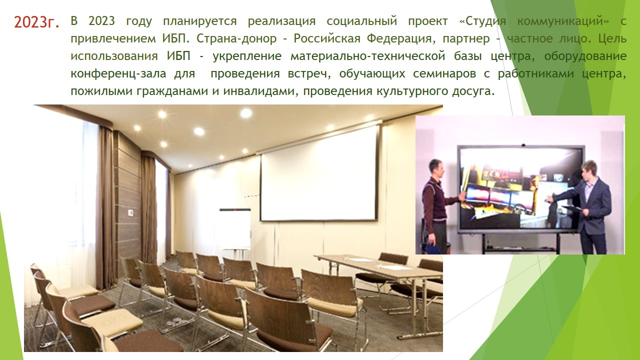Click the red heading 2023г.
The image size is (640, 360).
click(36, 22)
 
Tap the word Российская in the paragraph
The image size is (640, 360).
click(327, 38)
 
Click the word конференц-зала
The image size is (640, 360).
click(118, 74)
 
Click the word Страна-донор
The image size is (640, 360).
click(236, 39)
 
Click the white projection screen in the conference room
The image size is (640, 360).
click(319, 172)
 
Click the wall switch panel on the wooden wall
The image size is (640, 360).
click(130, 212)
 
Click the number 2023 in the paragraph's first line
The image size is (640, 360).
click(101, 21)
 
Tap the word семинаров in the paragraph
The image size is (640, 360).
click(444, 74)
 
